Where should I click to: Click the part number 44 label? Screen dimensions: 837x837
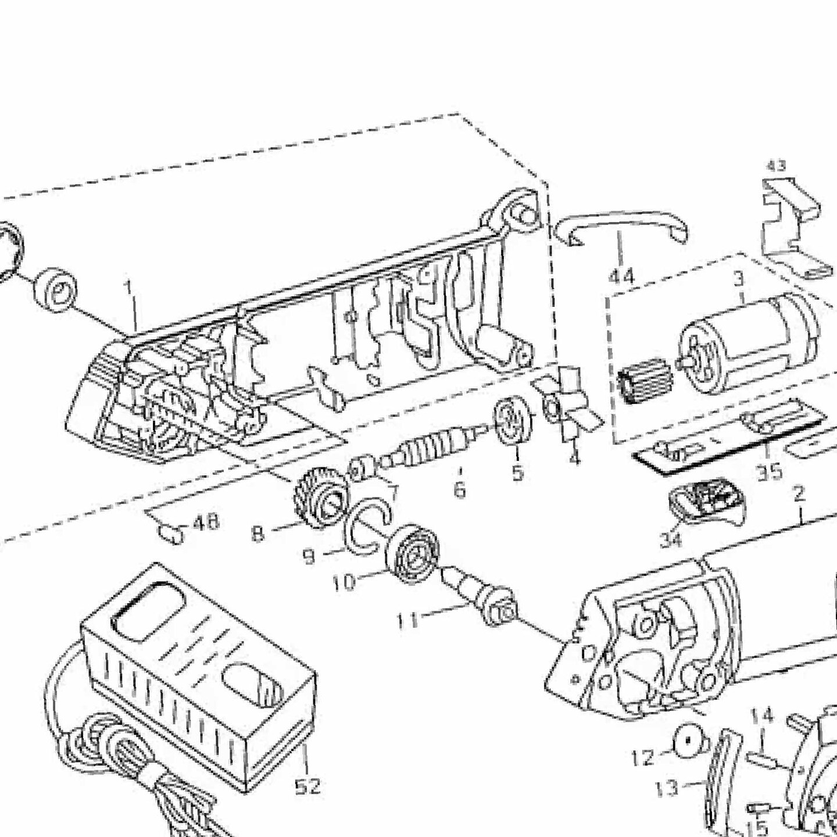pyautogui.click(x=621, y=276)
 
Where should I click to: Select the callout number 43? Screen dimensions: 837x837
pyautogui.click(x=776, y=166)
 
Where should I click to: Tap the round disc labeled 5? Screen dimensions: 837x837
pyautogui.click(x=514, y=420)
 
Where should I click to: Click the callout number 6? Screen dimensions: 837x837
pyautogui.click(x=459, y=489)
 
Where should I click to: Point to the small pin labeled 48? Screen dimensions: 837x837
pyautogui.click(x=172, y=534)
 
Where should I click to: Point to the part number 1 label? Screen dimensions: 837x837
pyautogui.click(x=128, y=287)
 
